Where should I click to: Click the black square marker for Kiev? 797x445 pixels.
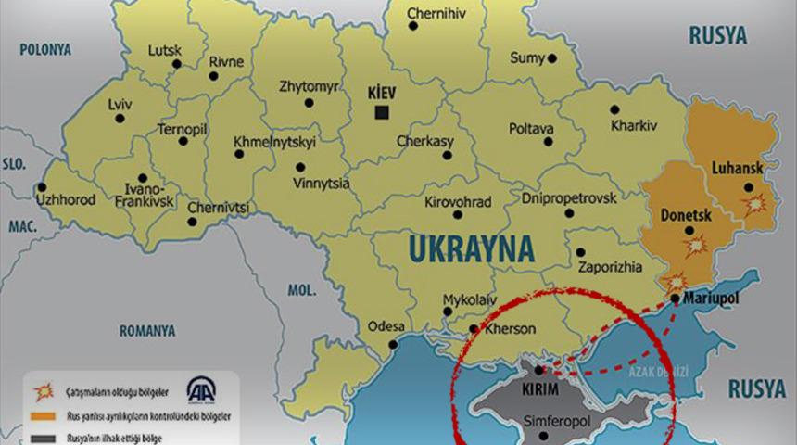(x=381, y=112)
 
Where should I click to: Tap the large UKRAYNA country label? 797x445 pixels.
(x=471, y=249)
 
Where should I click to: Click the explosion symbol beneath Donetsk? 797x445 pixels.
(x=694, y=246)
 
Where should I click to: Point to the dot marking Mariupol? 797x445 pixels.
(x=675, y=299)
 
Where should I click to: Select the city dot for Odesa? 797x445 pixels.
(x=393, y=344)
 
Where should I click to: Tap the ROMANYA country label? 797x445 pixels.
(x=147, y=330)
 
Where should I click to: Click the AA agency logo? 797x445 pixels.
(x=202, y=389)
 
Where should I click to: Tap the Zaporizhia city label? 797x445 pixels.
(x=609, y=267)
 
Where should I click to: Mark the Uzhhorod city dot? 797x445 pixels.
(x=41, y=186)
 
